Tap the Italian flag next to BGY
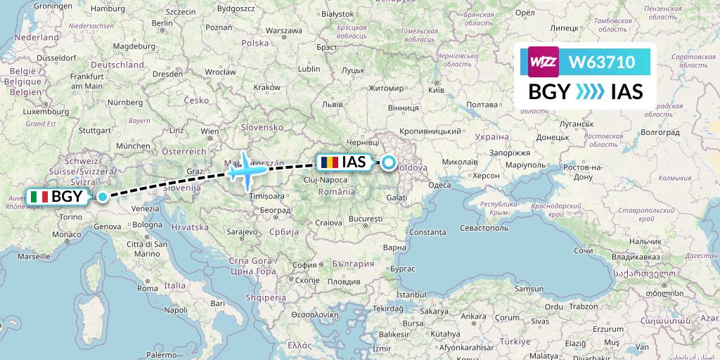point(39,197)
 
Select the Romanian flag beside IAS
point(328,162)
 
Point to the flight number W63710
point(601,63)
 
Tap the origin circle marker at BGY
point(103,197)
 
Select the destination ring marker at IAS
point(388,164)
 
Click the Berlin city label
point(161,22)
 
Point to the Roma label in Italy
point(148,288)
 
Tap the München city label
point(132,146)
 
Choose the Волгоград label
point(661,131)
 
